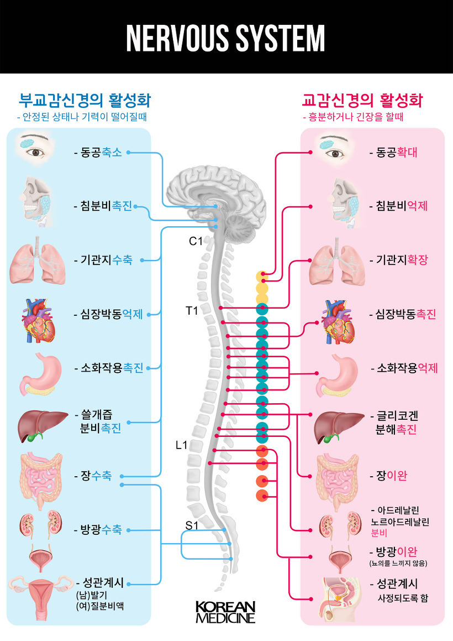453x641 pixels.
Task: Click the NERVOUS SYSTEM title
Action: pyautogui.click(x=225, y=38)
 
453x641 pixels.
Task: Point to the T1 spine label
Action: pyautogui.click(x=192, y=310)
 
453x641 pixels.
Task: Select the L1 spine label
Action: pyautogui.click(x=182, y=445)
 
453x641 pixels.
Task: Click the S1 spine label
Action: pyautogui.click(x=192, y=525)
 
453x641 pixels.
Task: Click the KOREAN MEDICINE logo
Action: pyautogui.click(x=225, y=612)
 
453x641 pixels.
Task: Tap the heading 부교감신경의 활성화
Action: pyautogui.click(x=85, y=101)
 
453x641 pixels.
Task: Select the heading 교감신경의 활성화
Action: pyautogui.click(x=362, y=101)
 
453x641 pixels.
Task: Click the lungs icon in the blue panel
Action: pyautogui.click(x=35, y=262)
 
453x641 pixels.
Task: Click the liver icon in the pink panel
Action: pyautogui.click(x=336, y=425)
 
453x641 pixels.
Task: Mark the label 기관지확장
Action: pyautogui.click(x=402, y=259)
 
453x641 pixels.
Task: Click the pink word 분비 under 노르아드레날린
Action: pyautogui.click(x=380, y=533)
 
